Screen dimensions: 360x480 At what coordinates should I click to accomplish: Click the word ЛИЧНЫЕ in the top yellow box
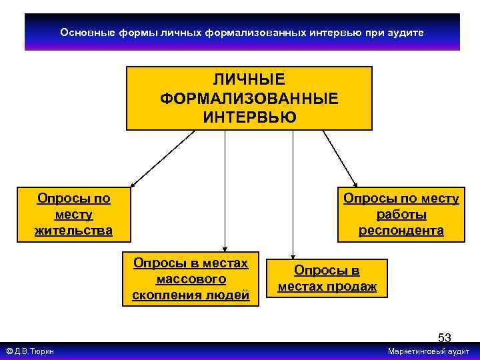pyautogui.click(x=249, y=80)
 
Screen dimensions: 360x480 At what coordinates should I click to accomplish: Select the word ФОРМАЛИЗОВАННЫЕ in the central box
pyautogui.click(x=249, y=99)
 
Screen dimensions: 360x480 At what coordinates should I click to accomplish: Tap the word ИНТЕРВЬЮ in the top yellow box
pyautogui.click(x=249, y=117)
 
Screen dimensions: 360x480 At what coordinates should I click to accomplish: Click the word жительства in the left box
pyautogui.click(x=73, y=231)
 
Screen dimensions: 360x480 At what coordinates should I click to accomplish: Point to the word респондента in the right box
pyautogui.click(x=401, y=231)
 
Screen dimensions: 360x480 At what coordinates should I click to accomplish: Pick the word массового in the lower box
pyautogui.click(x=190, y=279)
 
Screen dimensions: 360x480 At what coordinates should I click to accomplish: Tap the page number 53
pyautogui.click(x=444, y=337)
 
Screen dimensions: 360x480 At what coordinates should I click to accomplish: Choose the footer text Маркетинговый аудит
pyautogui.click(x=428, y=351)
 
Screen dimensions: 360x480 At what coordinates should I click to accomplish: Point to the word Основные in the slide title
pyautogui.click(x=83, y=32)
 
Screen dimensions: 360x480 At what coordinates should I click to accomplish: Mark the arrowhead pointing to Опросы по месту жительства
pyautogui.click(x=132, y=185)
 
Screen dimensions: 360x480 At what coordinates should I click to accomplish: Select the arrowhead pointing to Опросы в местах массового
pyautogui.click(x=225, y=250)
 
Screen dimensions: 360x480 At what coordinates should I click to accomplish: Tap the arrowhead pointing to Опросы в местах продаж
pyautogui.click(x=293, y=254)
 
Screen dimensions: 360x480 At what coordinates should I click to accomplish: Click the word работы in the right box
pyautogui.click(x=401, y=215)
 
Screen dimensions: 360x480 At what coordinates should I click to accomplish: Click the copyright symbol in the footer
pyautogui.click(x=9, y=351)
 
